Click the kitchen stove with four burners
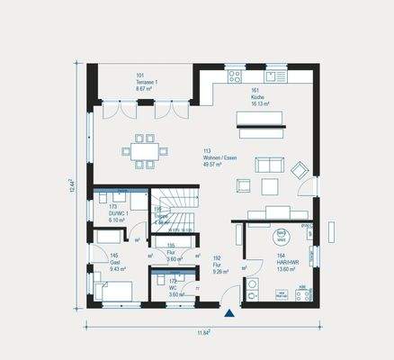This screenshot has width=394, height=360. point(237,77)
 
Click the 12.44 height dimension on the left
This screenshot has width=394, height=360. point(71,186)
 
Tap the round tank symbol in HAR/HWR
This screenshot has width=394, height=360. point(281,238)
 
